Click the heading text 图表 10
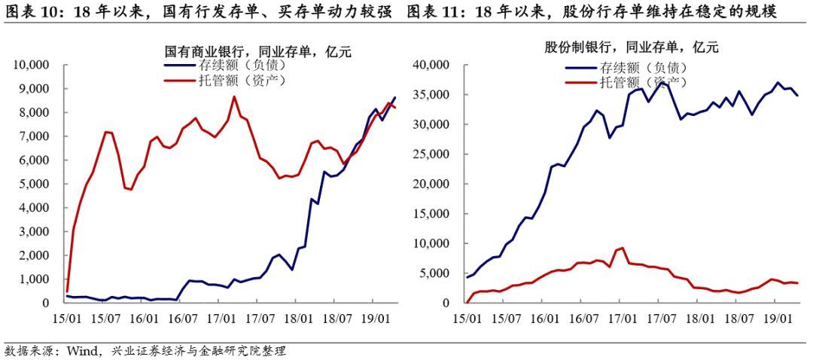(x=31, y=12)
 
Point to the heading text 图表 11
(x=434, y=12)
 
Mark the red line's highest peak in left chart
(x=233, y=96)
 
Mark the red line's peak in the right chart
(x=623, y=248)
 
